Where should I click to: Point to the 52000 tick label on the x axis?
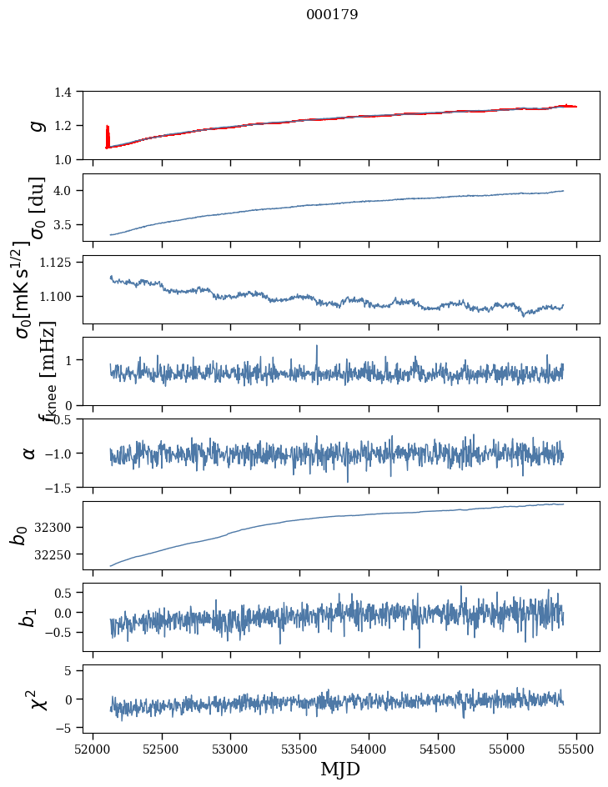[x=93, y=749]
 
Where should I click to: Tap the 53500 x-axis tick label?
[x=299, y=749]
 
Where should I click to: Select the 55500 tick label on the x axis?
[x=576, y=749]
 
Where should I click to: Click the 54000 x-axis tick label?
[x=369, y=749]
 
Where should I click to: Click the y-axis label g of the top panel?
[x=36, y=125]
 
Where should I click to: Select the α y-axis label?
[x=30, y=453]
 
